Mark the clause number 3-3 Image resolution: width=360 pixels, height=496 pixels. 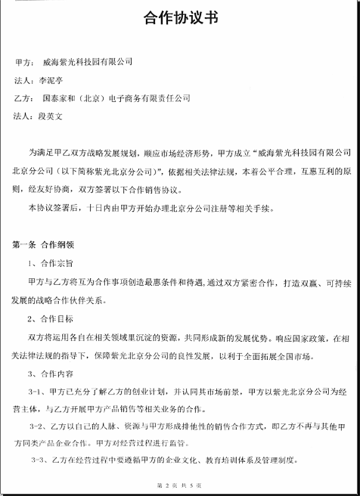[38, 460]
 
